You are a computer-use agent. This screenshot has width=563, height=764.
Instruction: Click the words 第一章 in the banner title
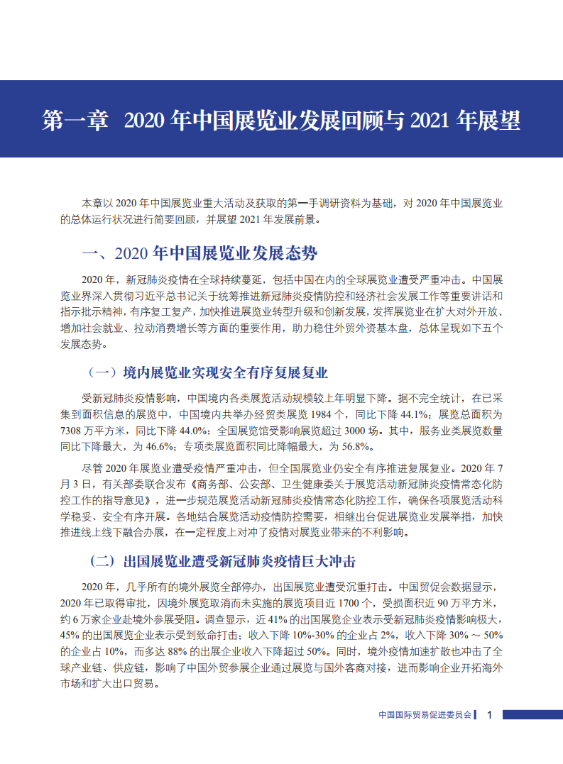coord(75,120)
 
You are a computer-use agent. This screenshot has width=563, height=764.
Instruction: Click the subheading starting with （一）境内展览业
coord(206,372)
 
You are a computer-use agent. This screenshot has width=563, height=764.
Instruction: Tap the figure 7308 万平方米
coord(93,430)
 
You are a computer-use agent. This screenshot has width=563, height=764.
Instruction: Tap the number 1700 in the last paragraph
coord(347,603)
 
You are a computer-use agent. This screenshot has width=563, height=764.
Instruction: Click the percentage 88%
coord(187,652)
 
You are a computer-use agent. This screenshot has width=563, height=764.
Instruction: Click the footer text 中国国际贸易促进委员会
coord(425,715)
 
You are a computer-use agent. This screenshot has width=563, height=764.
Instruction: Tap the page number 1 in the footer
coord(490,715)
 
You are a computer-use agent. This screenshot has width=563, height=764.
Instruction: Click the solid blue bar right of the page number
coord(532,715)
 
